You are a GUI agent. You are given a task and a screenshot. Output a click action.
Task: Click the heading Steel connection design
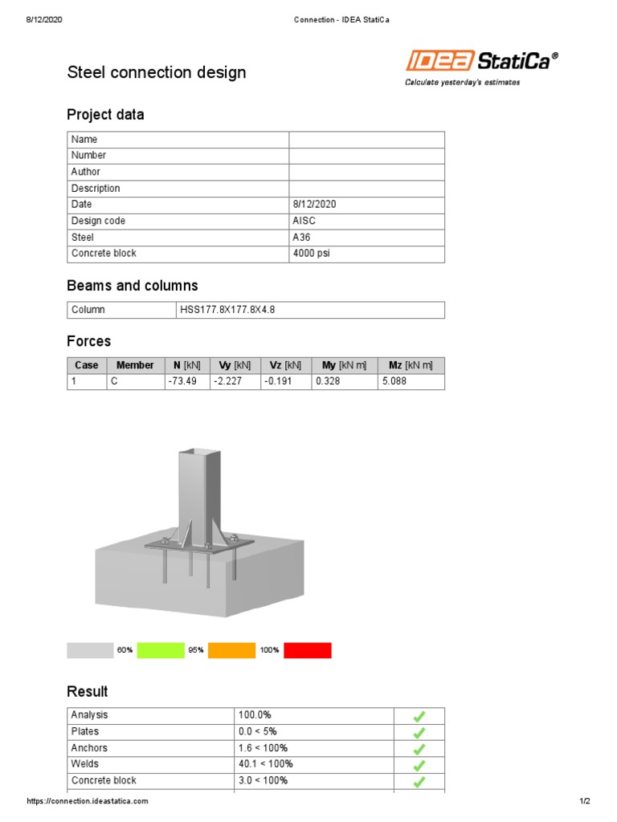[156, 73]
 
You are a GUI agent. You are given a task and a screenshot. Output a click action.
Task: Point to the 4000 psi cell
[311, 254]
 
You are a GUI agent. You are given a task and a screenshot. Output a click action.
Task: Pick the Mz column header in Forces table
[411, 365]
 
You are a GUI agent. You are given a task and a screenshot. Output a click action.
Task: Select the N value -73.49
[181, 381]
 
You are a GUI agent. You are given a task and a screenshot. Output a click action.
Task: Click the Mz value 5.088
[394, 381]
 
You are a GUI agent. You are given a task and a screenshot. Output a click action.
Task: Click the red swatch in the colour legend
[307, 650]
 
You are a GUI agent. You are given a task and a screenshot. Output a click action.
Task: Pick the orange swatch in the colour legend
[231, 650]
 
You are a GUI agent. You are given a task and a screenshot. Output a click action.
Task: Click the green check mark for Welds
[419, 765]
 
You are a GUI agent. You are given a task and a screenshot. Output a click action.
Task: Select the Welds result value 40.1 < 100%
[266, 764]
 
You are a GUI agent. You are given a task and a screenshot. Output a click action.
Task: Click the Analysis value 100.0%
[256, 714]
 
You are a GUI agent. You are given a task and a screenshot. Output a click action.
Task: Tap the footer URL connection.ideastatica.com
[88, 801]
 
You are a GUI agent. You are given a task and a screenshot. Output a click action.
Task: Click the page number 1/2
[584, 801]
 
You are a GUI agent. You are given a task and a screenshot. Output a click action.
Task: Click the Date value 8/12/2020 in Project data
[314, 205]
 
